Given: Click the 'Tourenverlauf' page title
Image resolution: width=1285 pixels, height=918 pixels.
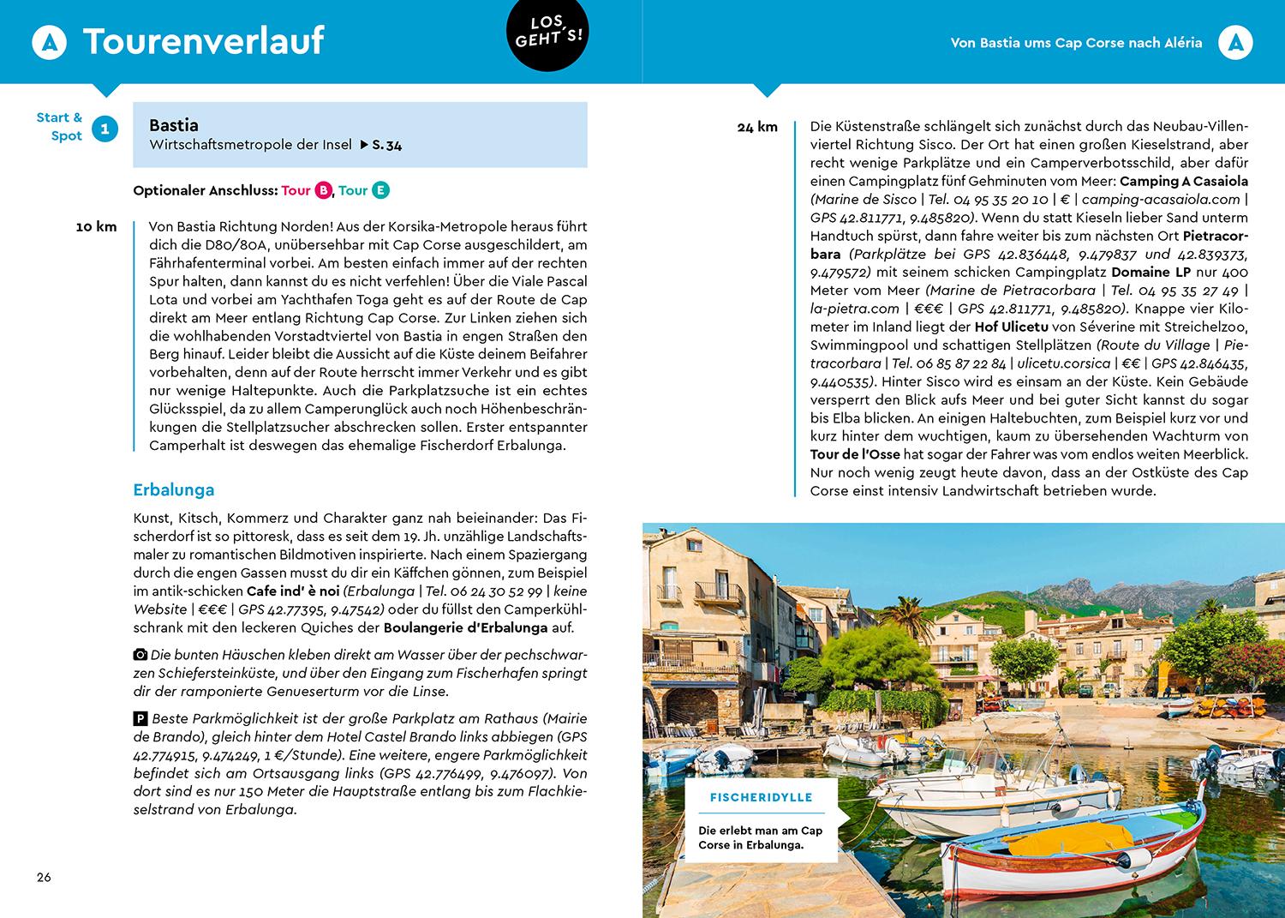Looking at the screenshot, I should coord(203,41).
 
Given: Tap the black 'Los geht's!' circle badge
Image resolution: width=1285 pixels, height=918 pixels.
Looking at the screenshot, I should coord(549,33).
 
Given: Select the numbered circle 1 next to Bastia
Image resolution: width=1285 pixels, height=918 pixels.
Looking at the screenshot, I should coord(105,129).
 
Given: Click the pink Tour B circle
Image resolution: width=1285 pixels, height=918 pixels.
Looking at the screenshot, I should coord(323,190).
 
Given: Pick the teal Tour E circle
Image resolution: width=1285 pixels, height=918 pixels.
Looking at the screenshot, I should coord(380,190).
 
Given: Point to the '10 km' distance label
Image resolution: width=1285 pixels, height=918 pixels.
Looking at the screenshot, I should coord(96,227).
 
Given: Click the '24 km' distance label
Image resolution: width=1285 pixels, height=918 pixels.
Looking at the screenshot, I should coord(757,127).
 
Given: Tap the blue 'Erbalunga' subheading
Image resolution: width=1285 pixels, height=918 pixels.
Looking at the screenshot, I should coord(173,490).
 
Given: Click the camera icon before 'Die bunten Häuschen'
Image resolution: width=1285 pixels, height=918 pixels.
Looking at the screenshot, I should coord(140,655).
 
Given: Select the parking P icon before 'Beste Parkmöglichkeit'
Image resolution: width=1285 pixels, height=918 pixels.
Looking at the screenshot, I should coord(140,718).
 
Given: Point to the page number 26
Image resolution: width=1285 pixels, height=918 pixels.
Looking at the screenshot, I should coord(44,877).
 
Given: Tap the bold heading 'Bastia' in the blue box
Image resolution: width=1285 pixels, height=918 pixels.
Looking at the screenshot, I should coord(173,125).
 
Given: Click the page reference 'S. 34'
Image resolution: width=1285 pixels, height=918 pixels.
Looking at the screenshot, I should coord(386,145).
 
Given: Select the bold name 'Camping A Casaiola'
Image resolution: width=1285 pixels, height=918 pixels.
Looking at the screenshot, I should coord(1184,181).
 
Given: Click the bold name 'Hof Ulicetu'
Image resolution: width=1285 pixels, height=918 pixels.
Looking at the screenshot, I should coord(1011,327).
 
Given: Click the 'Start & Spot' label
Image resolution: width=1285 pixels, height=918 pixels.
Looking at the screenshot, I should coord(59,126).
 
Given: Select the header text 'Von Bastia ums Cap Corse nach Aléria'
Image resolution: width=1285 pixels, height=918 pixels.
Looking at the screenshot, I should coord(1076,42).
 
